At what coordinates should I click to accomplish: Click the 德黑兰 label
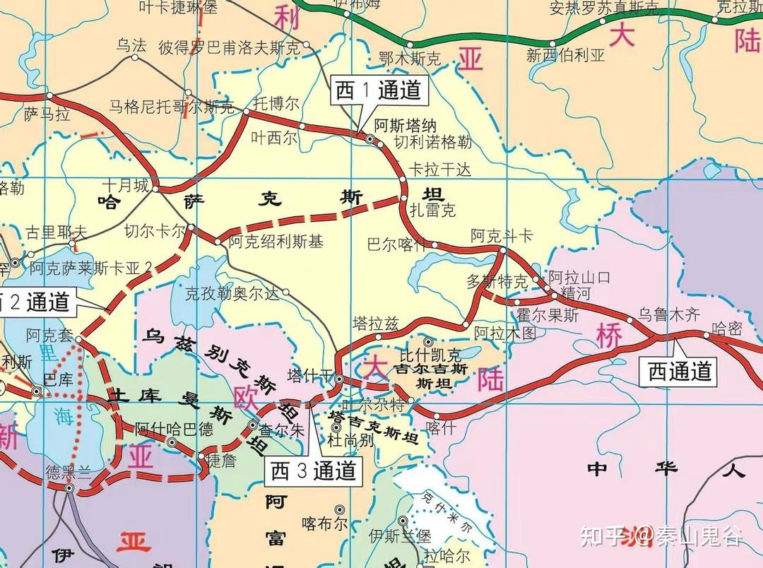[69, 472]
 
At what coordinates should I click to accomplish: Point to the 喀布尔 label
[324, 523]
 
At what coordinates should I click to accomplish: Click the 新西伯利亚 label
[565, 56]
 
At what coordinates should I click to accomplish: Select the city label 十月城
[125, 186]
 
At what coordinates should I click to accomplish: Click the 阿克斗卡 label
[502, 236]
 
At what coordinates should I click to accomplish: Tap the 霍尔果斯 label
[547, 315]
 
